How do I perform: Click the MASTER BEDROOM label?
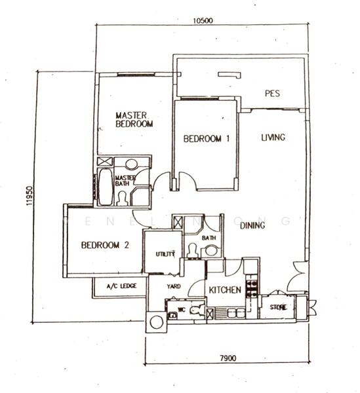pos(134,118)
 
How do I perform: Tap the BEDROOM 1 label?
pos(206,139)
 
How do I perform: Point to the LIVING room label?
pos(273,138)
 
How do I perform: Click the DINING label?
pos(252,226)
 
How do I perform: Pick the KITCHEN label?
pos(225,290)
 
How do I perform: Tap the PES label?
pos(272,94)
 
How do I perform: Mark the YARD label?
pos(174,287)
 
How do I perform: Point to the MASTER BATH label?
pos(125,181)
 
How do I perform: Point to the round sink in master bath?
pos(132,164)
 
